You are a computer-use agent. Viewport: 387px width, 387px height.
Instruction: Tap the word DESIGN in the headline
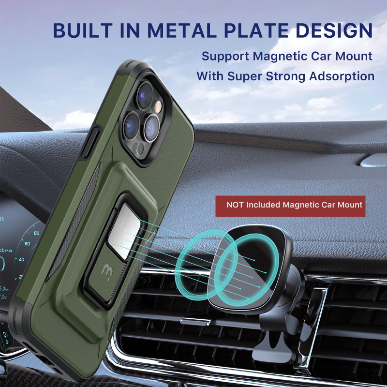click(x=334, y=30)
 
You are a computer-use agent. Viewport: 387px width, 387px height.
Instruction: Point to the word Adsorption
click(x=342, y=76)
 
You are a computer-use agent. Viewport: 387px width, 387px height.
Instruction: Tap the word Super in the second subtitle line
click(x=245, y=77)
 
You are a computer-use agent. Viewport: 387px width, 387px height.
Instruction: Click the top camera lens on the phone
click(x=145, y=95)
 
